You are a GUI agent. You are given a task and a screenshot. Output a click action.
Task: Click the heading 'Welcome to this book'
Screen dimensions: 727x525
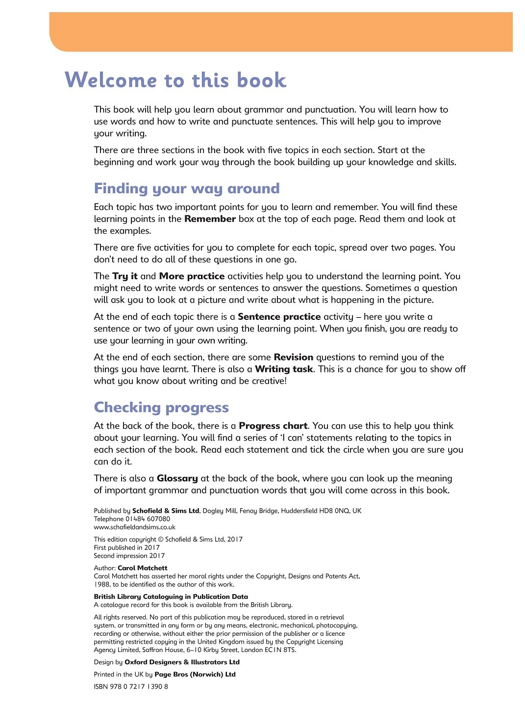pos(175,80)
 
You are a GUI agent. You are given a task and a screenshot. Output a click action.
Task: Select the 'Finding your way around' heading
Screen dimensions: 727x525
pos(187,189)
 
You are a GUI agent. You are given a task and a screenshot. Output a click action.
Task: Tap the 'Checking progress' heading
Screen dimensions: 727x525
pos(161,408)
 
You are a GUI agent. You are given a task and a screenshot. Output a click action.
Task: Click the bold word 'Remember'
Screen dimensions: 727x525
pos(210,219)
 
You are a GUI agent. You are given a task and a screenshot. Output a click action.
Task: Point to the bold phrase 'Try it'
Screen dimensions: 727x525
pos(125,277)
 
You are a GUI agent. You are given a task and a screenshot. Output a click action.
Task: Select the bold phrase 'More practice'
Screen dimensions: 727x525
pos(192,277)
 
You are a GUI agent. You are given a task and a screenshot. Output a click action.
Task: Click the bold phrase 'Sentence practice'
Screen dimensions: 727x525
pos(279,317)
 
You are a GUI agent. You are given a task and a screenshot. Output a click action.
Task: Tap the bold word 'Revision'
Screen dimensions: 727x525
pos(293,358)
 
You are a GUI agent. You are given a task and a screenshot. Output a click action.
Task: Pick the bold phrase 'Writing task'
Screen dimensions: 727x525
pos(284,369)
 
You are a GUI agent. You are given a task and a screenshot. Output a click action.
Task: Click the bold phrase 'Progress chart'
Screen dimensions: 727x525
pos(273,426)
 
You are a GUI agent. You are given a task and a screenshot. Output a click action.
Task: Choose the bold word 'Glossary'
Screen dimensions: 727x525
pos(177,479)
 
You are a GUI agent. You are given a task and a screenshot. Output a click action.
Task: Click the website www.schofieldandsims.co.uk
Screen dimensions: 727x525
pos(134,527)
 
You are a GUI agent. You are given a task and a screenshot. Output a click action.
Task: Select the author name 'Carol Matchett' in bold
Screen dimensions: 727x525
pos(142,568)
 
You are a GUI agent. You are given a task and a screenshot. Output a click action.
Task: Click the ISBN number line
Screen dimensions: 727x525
pos(131,687)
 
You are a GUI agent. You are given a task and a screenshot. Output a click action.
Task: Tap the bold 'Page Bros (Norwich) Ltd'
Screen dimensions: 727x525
pos(195,675)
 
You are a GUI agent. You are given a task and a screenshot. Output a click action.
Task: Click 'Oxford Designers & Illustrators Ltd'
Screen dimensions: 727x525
pos(182,662)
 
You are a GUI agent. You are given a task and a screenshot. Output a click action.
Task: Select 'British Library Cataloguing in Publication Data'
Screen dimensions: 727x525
pos(171,597)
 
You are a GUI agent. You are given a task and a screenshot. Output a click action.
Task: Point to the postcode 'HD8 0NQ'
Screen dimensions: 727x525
pos(334,511)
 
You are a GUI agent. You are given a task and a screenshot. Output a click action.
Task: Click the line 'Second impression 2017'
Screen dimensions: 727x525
pos(129,556)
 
